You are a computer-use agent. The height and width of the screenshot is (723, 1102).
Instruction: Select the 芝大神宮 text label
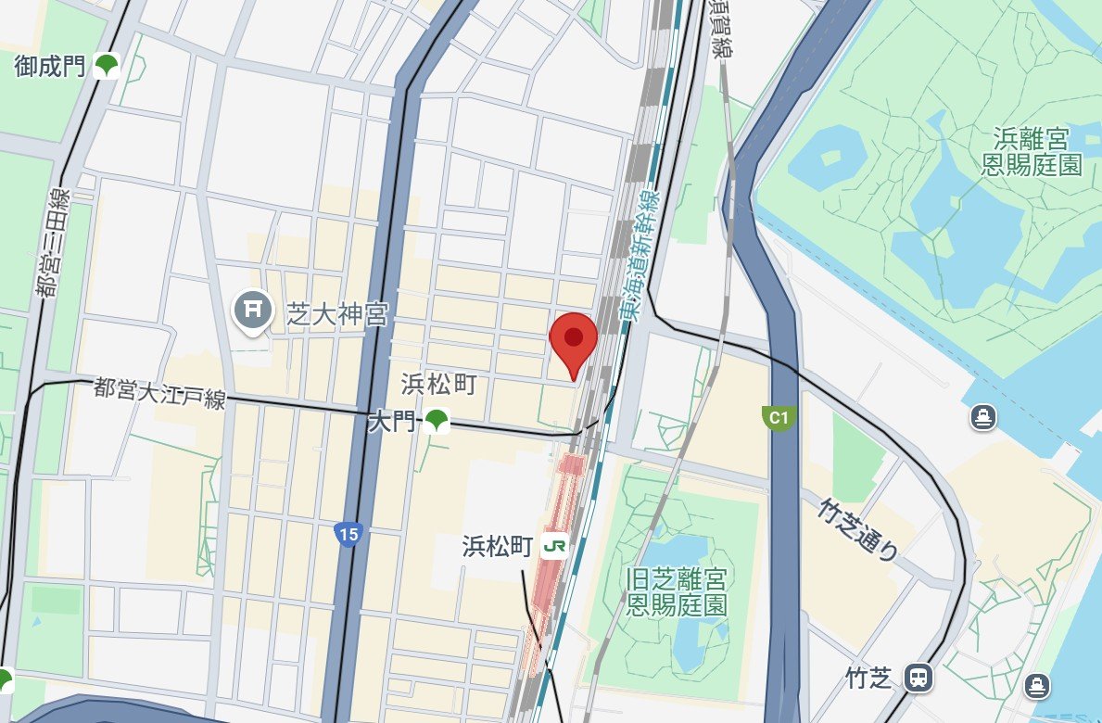click(x=337, y=317)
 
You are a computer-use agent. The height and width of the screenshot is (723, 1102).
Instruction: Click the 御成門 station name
click(x=49, y=65)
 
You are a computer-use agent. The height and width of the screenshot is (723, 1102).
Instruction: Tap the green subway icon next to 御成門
click(x=108, y=65)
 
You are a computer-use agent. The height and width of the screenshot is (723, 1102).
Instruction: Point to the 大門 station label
click(x=391, y=423)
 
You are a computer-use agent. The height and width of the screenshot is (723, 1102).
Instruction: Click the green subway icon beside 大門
click(x=436, y=422)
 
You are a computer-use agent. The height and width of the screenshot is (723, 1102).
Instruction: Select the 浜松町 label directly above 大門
click(x=438, y=383)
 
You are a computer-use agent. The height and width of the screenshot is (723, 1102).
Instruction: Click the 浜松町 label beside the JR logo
click(x=498, y=546)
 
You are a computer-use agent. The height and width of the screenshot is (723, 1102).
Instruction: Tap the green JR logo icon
click(x=554, y=546)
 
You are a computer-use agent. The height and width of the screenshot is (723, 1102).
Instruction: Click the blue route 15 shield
click(x=348, y=535)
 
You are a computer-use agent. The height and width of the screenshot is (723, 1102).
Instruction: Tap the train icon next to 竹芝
click(x=918, y=678)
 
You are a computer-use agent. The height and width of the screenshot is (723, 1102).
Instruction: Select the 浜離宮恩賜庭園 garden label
click(x=1032, y=152)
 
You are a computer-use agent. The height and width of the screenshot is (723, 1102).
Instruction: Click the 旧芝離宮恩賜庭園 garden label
click(x=676, y=593)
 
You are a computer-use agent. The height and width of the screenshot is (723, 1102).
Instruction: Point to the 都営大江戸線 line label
click(x=159, y=393)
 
